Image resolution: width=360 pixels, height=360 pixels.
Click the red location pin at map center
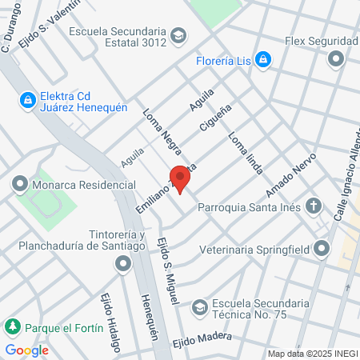180,178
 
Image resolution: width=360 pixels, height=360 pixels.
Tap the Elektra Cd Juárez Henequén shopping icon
28,100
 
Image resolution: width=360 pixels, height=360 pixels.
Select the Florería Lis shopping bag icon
263,59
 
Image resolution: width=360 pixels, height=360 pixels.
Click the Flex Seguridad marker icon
336,58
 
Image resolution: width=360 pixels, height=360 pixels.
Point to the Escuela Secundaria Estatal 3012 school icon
178,35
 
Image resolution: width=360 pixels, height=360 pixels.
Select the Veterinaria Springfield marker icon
322,249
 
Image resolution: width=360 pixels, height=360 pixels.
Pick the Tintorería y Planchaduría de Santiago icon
122,263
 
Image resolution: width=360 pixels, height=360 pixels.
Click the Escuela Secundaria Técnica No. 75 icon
199,306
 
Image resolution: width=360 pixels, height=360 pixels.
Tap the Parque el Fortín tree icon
12,327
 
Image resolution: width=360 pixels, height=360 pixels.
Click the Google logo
26,350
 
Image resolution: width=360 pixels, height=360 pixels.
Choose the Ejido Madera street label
201,339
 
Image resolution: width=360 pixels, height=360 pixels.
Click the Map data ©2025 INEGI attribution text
312,354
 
